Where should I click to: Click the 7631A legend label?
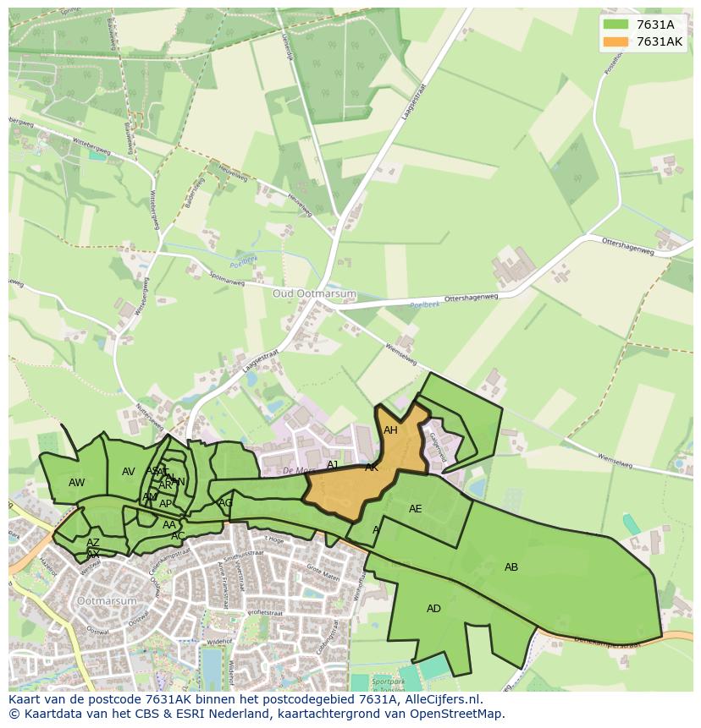pyautogui.click(x=655, y=25)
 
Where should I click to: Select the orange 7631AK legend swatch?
pyautogui.click(x=616, y=41)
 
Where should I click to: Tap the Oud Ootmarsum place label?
pyautogui.click(x=314, y=293)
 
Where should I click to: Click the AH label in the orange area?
pyautogui.click(x=390, y=430)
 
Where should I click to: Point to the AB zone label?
pyautogui.click(x=511, y=567)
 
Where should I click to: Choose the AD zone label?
pyautogui.click(x=433, y=609)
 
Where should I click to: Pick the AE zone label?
pyautogui.click(x=415, y=509)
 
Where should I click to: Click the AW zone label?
pyautogui.click(x=76, y=483)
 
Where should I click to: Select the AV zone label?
pyautogui.click(x=128, y=472)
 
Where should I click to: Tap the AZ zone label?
pyautogui.click(x=93, y=543)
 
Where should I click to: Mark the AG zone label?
pyautogui.click(x=225, y=503)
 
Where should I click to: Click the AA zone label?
pyautogui.click(x=169, y=525)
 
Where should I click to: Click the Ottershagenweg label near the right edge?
pyautogui.click(x=627, y=246)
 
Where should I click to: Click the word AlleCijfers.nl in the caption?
pyautogui.click(x=440, y=699)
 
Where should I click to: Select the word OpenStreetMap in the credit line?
pyautogui.click(x=453, y=714)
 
